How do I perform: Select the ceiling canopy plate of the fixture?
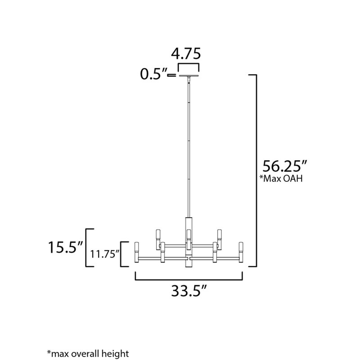point(189,76)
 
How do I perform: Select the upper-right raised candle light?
point(220,235)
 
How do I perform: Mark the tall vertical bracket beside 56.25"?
point(256,171)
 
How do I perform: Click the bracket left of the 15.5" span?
point(88,247)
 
